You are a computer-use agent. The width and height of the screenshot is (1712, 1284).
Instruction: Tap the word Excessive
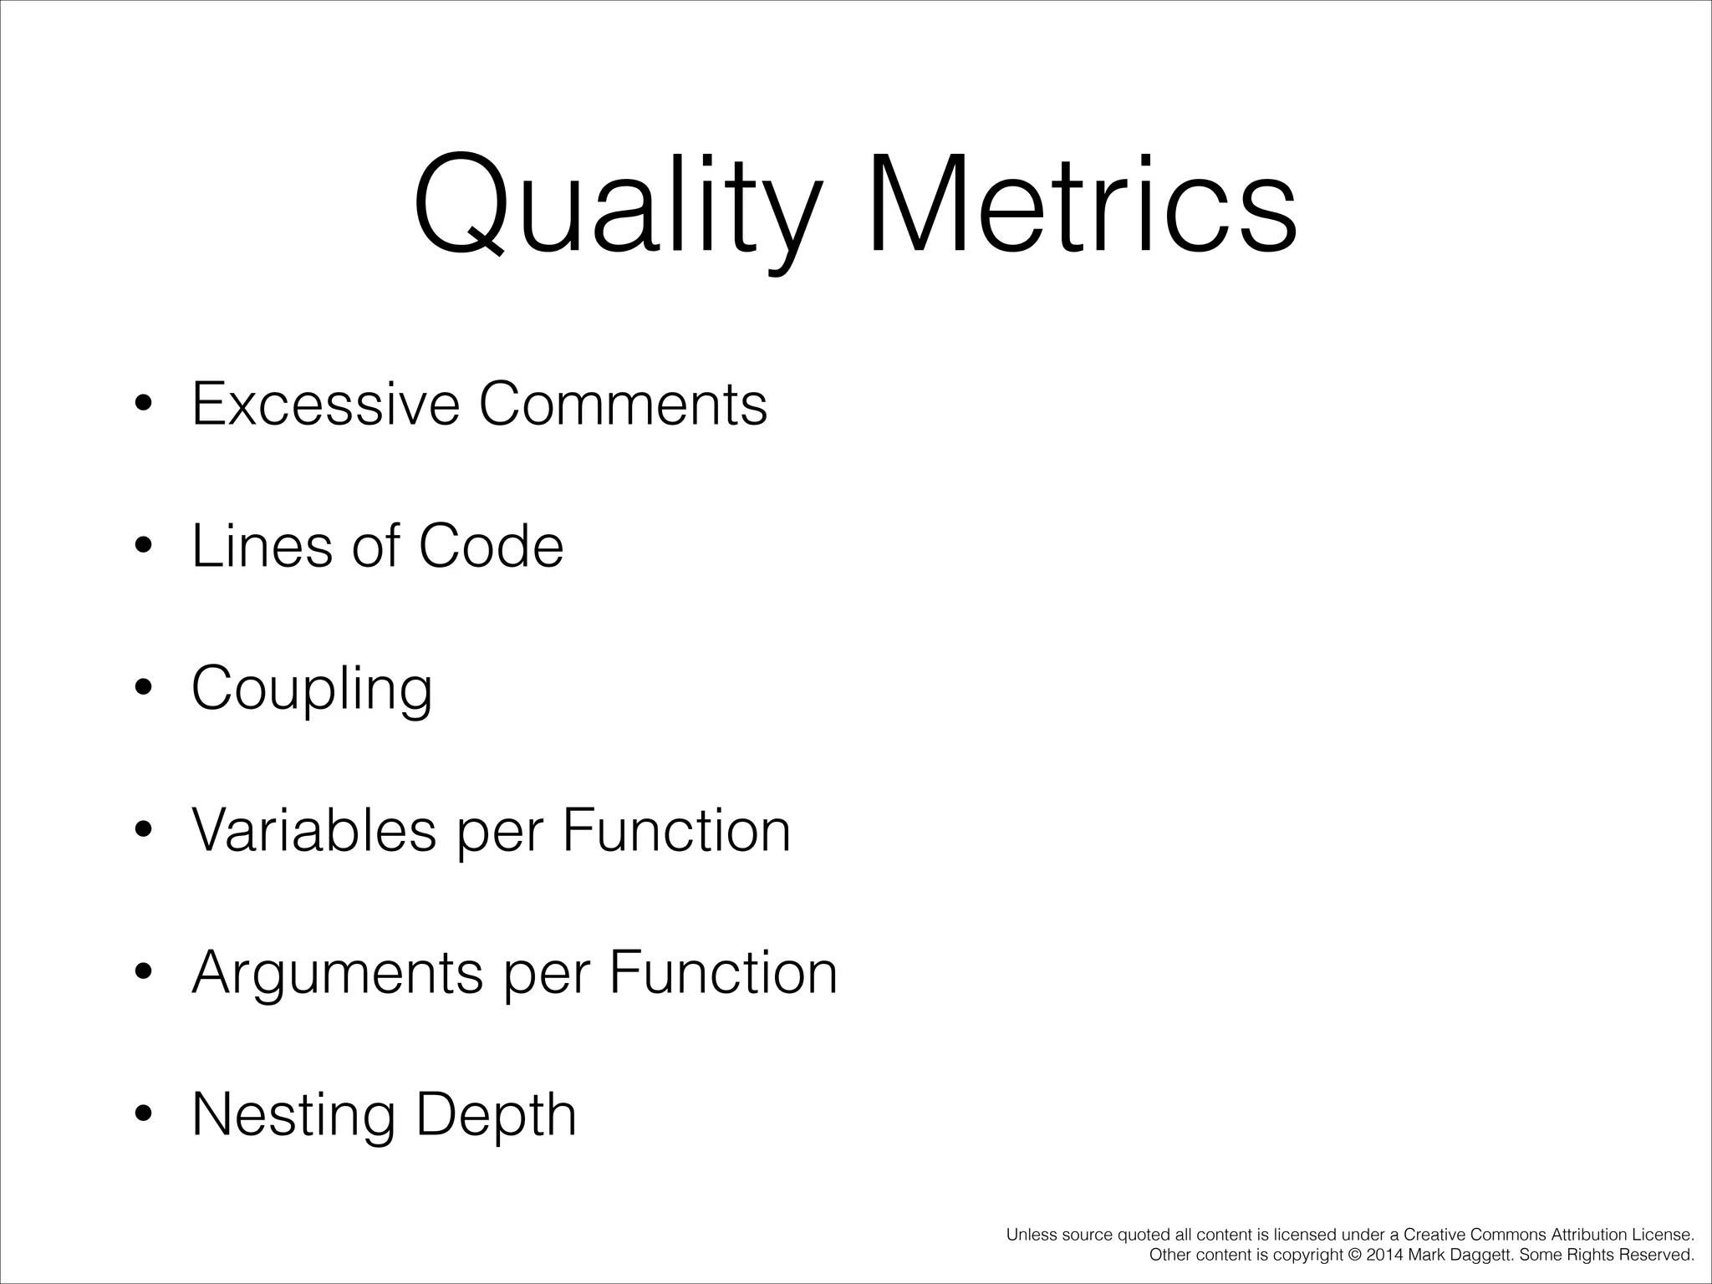326,404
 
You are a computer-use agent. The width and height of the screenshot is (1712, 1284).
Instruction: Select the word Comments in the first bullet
623,404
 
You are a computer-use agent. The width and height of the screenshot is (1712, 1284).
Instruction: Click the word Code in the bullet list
491,546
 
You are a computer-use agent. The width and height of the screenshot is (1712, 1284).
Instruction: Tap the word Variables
314,830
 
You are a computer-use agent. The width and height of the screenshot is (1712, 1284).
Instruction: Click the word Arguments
338,972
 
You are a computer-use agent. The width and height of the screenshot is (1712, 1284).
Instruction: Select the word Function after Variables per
676,830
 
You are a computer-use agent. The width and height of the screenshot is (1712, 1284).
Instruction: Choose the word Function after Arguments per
723,972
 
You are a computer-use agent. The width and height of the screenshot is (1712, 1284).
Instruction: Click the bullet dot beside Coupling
144,687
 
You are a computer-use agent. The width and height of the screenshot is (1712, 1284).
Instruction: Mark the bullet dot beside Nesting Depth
144,1113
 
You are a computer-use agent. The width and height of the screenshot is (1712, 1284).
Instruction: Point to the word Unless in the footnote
1031,1235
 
